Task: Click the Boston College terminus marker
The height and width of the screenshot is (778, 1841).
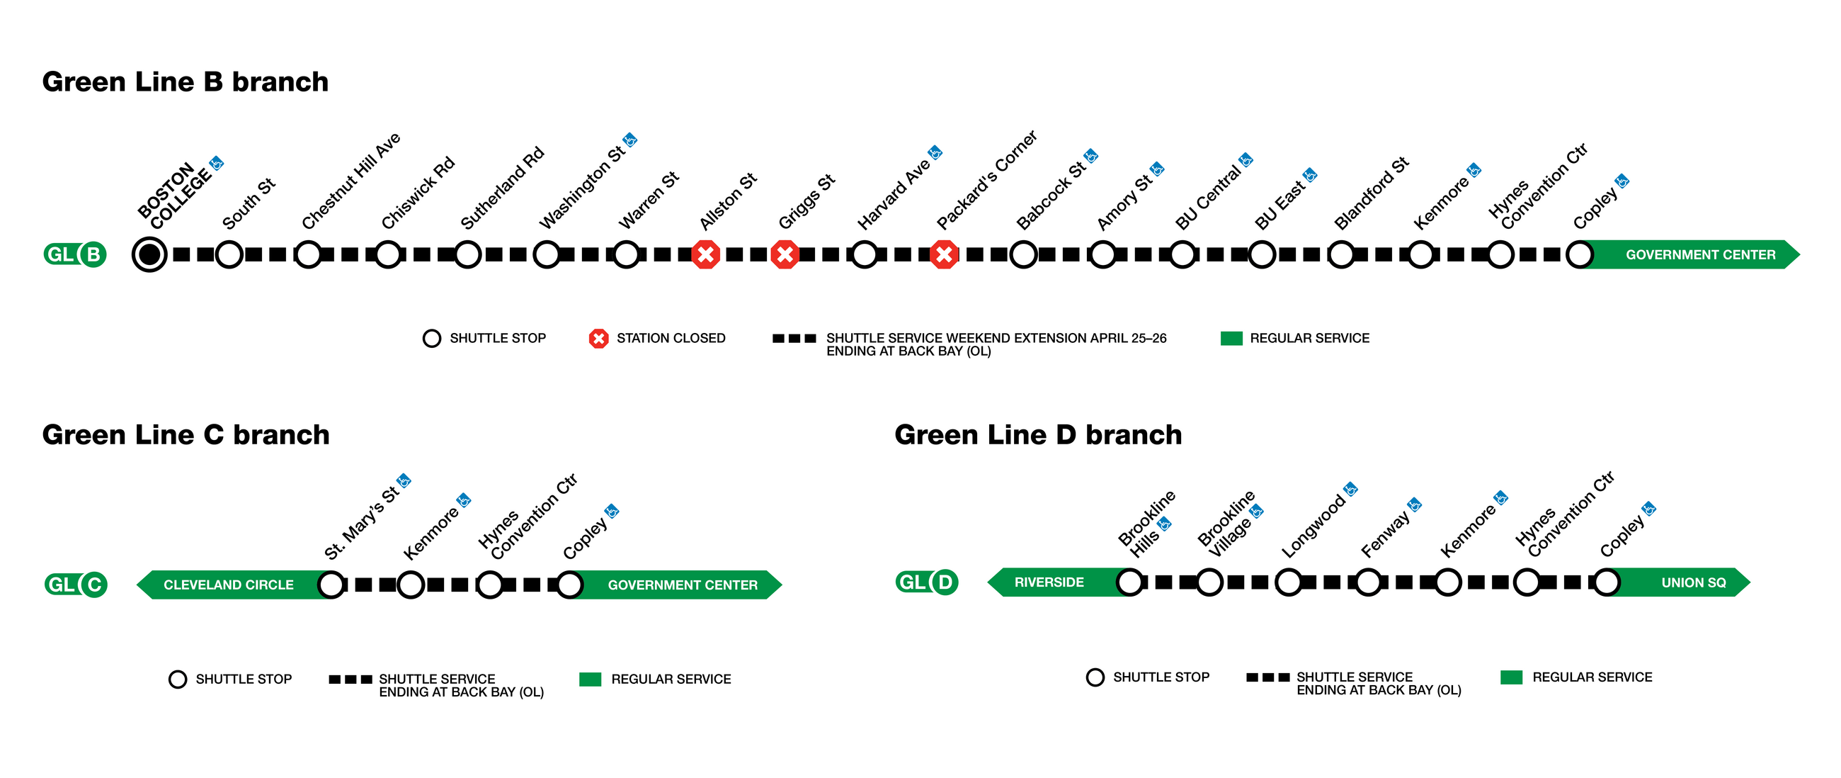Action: (149, 254)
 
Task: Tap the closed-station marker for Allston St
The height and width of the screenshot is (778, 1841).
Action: (705, 254)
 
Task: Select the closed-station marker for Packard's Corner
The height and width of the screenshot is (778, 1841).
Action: (944, 254)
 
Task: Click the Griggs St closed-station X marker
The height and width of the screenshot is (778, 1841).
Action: (785, 254)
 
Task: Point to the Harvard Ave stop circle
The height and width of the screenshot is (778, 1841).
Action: (865, 254)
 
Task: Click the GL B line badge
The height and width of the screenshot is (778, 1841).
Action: (75, 254)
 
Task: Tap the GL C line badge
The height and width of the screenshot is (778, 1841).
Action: (75, 585)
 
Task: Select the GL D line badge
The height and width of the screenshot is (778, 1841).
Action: (926, 582)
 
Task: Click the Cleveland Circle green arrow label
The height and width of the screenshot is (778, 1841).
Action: (229, 585)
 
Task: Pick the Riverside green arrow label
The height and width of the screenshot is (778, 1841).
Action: (1049, 582)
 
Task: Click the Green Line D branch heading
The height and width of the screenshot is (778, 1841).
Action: (1038, 435)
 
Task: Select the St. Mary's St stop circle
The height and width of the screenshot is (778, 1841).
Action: (331, 585)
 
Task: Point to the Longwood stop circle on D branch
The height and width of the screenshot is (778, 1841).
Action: (1289, 582)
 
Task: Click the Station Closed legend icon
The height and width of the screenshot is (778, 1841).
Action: (598, 338)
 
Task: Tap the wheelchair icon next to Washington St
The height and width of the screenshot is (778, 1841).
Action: (629, 140)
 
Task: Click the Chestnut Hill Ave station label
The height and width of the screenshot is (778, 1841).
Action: (351, 181)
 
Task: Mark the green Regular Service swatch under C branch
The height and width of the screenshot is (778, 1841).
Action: (590, 680)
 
